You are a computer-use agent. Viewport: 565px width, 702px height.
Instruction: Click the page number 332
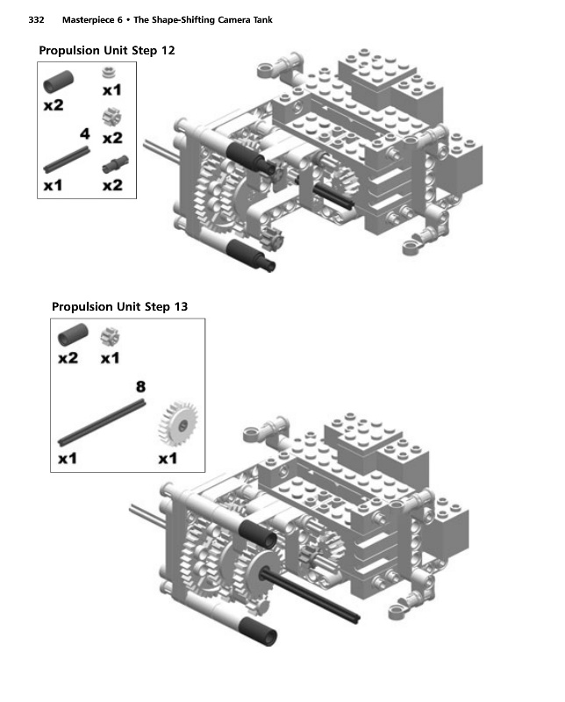click(36, 19)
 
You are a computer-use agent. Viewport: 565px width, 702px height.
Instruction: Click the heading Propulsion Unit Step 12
click(106, 50)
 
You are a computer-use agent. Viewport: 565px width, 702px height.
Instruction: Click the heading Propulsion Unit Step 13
click(119, 306)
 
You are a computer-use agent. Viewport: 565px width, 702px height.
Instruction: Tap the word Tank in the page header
click(263, 19)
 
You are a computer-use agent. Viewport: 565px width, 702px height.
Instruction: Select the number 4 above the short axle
click(84, 133)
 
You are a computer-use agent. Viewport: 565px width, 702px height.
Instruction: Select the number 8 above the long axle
click(140, 386)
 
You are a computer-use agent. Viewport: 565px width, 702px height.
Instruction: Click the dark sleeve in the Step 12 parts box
click(58, 82)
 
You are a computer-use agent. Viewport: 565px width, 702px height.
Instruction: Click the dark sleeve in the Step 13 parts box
click(73, 334)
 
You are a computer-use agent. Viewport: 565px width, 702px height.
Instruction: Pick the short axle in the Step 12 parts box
click(67, 160)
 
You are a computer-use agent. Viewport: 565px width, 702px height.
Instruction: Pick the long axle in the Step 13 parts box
click(102, 423)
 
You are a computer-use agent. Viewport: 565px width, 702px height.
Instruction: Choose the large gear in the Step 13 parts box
click(178, 424)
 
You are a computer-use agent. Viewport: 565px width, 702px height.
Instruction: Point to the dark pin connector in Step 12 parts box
click(115, 164)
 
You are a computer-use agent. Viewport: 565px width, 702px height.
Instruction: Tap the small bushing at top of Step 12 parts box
click(107, 72)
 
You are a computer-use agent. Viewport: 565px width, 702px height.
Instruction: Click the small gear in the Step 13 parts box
click(110, 337)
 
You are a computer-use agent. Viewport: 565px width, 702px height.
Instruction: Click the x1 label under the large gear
click(168, 458)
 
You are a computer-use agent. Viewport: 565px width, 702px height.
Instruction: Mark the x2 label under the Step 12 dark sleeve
click(54, 105)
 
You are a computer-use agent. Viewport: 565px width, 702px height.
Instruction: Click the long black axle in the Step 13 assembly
click(310, 594)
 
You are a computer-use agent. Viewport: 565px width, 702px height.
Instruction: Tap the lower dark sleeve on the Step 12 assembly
click(251, 254)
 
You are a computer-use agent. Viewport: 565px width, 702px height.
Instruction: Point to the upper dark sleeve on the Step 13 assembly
click(258, 534)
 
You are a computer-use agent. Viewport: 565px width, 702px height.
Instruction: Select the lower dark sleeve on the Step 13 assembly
click(258, 631)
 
